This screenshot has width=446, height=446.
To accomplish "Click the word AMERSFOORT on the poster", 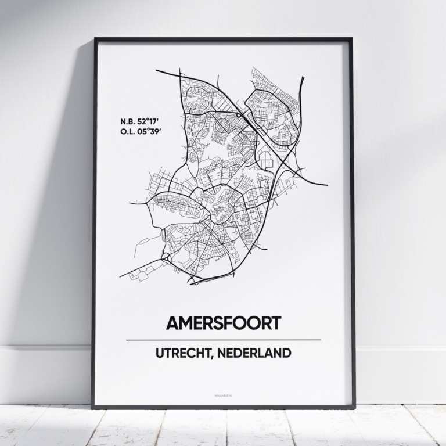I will [x=223, y=323].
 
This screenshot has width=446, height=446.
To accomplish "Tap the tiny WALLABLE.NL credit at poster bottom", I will [x=223, y=396].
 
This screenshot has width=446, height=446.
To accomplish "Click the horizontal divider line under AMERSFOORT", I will [x=223, y=340].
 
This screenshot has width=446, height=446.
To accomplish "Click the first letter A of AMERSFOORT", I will [x=173, y=323].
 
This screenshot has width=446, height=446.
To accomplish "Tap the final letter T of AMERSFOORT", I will [x=274, y=323].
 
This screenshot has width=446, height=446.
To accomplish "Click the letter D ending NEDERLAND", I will [x=287, y=353].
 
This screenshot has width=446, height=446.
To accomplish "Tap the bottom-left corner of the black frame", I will [x=93, y=407].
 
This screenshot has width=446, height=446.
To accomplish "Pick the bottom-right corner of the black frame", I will [x=354, y=407].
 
